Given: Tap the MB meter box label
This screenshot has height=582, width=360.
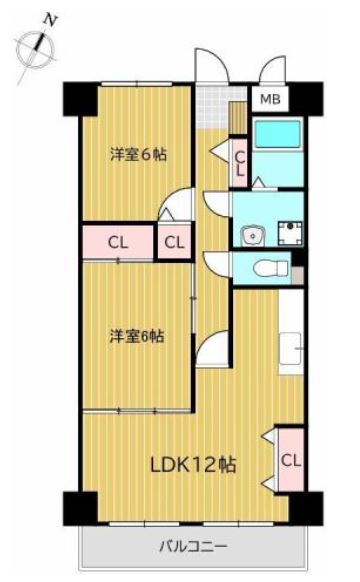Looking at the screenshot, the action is [x=270, y=99].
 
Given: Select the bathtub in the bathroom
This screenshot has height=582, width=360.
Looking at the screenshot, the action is [x=278, y=134].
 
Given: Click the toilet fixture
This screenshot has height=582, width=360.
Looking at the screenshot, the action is [x=271, y=267].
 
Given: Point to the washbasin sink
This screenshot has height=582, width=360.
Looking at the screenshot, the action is [x=252, y=236].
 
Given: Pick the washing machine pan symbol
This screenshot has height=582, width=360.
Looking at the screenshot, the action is [x=291, y=232].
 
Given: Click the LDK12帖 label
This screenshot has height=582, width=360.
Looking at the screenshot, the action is [x=193, y=464].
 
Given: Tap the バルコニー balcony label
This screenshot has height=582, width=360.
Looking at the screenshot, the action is [x=193, y=546].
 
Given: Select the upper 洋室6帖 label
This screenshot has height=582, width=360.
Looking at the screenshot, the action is [x=138, y=154].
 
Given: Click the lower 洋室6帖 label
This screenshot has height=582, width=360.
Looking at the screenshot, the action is [x=137, y=336].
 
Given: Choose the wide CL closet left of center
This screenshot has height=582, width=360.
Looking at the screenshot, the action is [x=118, y=243].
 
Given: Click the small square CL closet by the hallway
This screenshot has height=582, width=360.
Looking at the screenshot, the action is [x=174, y=243].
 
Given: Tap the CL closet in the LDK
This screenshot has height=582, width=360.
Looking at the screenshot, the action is [x=291, y=460].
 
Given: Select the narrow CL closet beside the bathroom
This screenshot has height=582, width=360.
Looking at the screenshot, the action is [x=240, y=163].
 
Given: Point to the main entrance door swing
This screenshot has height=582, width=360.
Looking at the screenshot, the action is [x=211, y=66].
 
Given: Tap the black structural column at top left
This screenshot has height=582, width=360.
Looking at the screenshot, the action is [x=81, y=99].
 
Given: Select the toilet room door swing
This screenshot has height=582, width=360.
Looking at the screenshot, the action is [x=217, y=264].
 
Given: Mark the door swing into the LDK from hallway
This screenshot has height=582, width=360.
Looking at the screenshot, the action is [x=212, y=349].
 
